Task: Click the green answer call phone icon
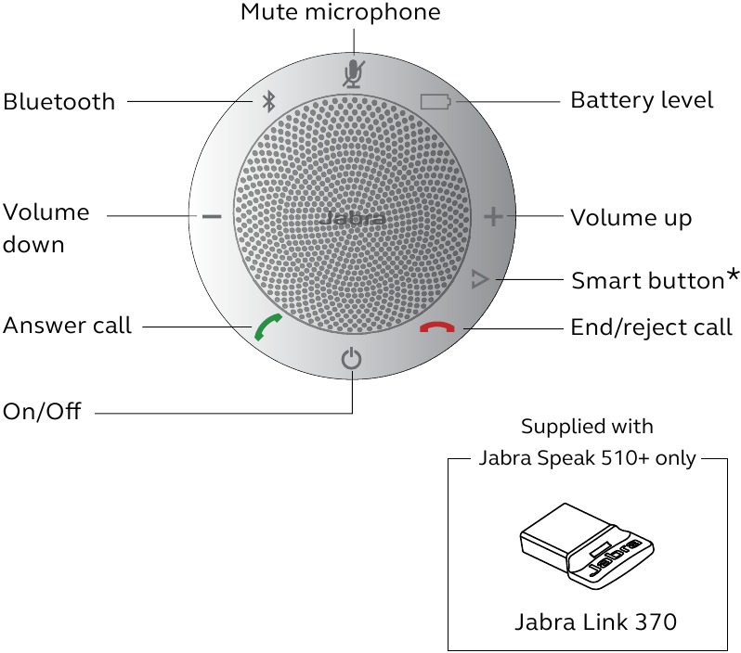click(x=268, y=327)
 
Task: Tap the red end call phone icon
click(x=436, y=327)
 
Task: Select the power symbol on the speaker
click(x=351, y=358)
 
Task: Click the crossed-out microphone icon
click(x=352, y=71)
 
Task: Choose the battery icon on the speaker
click(x=434, y=101)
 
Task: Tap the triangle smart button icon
click(x=479, y=278)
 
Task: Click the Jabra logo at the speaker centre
click(x=351, y=220)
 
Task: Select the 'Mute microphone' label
click(x=340, y=13)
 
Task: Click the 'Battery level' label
click(x=642, y=100)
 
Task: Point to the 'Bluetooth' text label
click(x=59, y=101)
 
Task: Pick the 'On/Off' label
click(x=42, y=411)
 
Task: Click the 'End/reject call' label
click(x=651, y=327)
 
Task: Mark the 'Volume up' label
click(x=630, y=218)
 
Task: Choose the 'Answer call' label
click(x=67, y=326)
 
